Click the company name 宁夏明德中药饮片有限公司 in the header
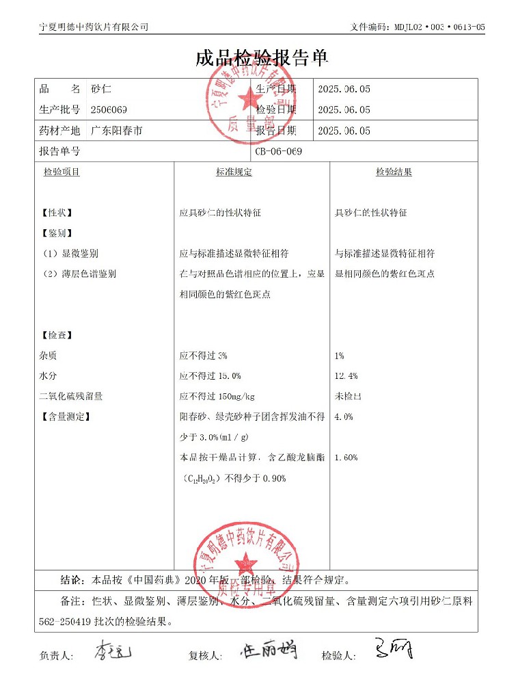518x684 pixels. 94,27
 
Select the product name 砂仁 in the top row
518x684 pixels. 101,89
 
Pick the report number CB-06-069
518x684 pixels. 279,151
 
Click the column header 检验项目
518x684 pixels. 62,172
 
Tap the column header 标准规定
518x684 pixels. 234,172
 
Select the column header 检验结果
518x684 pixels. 394,172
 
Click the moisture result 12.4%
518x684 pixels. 346,376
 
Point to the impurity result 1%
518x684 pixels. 340,356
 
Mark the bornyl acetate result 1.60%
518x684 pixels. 346,458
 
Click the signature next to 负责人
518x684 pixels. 112,650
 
